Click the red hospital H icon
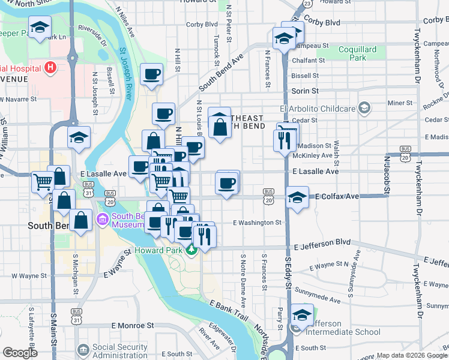pos(50,67)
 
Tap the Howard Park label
pos(158,250)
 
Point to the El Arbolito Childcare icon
pos(363,108)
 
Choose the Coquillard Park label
pos(358,54)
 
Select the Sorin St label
pos(304,91)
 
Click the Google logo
pos(20,353)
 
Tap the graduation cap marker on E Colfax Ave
pos(297,197)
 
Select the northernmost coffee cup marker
pos(152,75)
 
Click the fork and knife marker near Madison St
pos(283,140)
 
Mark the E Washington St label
pos(257,223)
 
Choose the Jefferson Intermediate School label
pos(344,327)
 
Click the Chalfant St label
pos(308,61)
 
